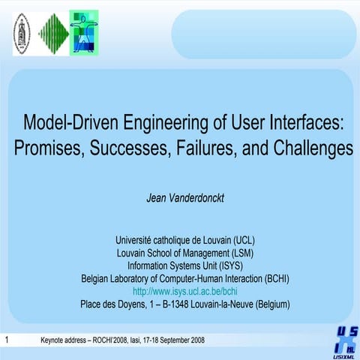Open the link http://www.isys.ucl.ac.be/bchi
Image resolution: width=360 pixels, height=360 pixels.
point(185,291)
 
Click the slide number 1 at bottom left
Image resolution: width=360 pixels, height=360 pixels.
point(6,340)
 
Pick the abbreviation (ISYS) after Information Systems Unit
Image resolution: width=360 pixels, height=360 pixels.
point(229,265)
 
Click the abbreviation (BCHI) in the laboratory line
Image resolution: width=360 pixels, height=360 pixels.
point(272,278)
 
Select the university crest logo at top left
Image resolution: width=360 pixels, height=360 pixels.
point(22,33)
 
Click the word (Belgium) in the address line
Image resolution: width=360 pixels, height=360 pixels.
point(269,304)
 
